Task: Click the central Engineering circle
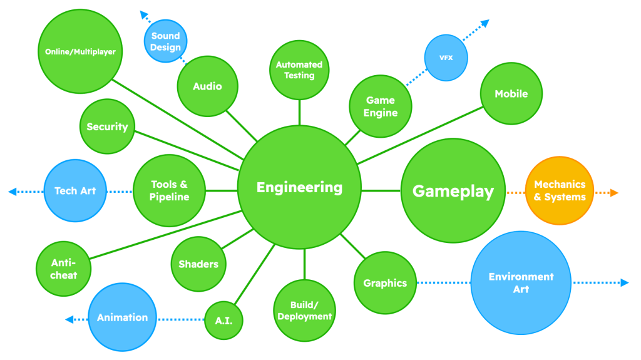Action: pos(300,187)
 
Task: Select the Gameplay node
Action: pos(453,191)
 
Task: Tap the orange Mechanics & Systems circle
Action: pos(560,191)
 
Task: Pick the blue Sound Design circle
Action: pos(165,41)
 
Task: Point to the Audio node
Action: pos(207,86)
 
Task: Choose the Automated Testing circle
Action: pos(299,69)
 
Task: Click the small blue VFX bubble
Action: pos(446,58)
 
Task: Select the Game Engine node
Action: pos(381,106)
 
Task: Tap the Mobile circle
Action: pos(511,94)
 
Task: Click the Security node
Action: pos(107,126)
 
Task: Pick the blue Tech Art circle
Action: pos(74,190)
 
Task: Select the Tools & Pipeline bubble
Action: pos(169,190)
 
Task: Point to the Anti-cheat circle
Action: pos(63,269)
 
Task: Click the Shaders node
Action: pos(198,264)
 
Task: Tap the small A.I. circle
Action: pos(223,321)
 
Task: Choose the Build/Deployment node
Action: pos(304,311)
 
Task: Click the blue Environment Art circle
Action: pos(521,282)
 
